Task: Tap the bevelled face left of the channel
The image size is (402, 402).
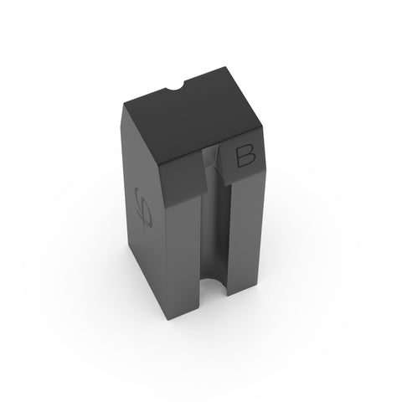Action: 183,183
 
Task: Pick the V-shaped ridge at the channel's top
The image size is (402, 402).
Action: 214,159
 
